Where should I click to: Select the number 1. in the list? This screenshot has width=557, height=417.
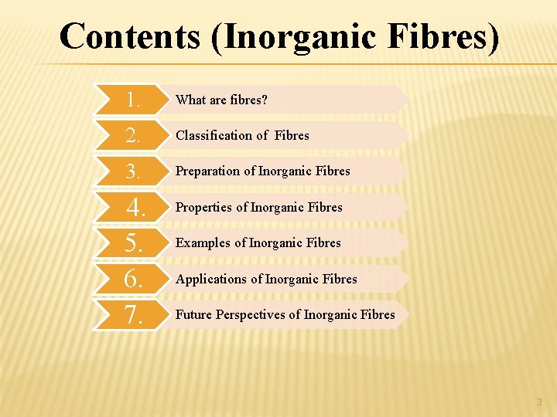click(134, 100)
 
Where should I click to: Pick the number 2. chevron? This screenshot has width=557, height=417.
click(134, 136)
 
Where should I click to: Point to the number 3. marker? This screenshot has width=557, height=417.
click(134, 171)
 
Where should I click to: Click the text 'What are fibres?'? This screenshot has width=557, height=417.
click(221, 100)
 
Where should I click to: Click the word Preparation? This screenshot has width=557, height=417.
click(208, 171)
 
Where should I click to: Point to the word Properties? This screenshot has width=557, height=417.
click(204, 207)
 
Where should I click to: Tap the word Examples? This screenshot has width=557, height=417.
click(203, 242)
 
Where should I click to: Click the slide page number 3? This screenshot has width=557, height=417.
click(539, 402)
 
